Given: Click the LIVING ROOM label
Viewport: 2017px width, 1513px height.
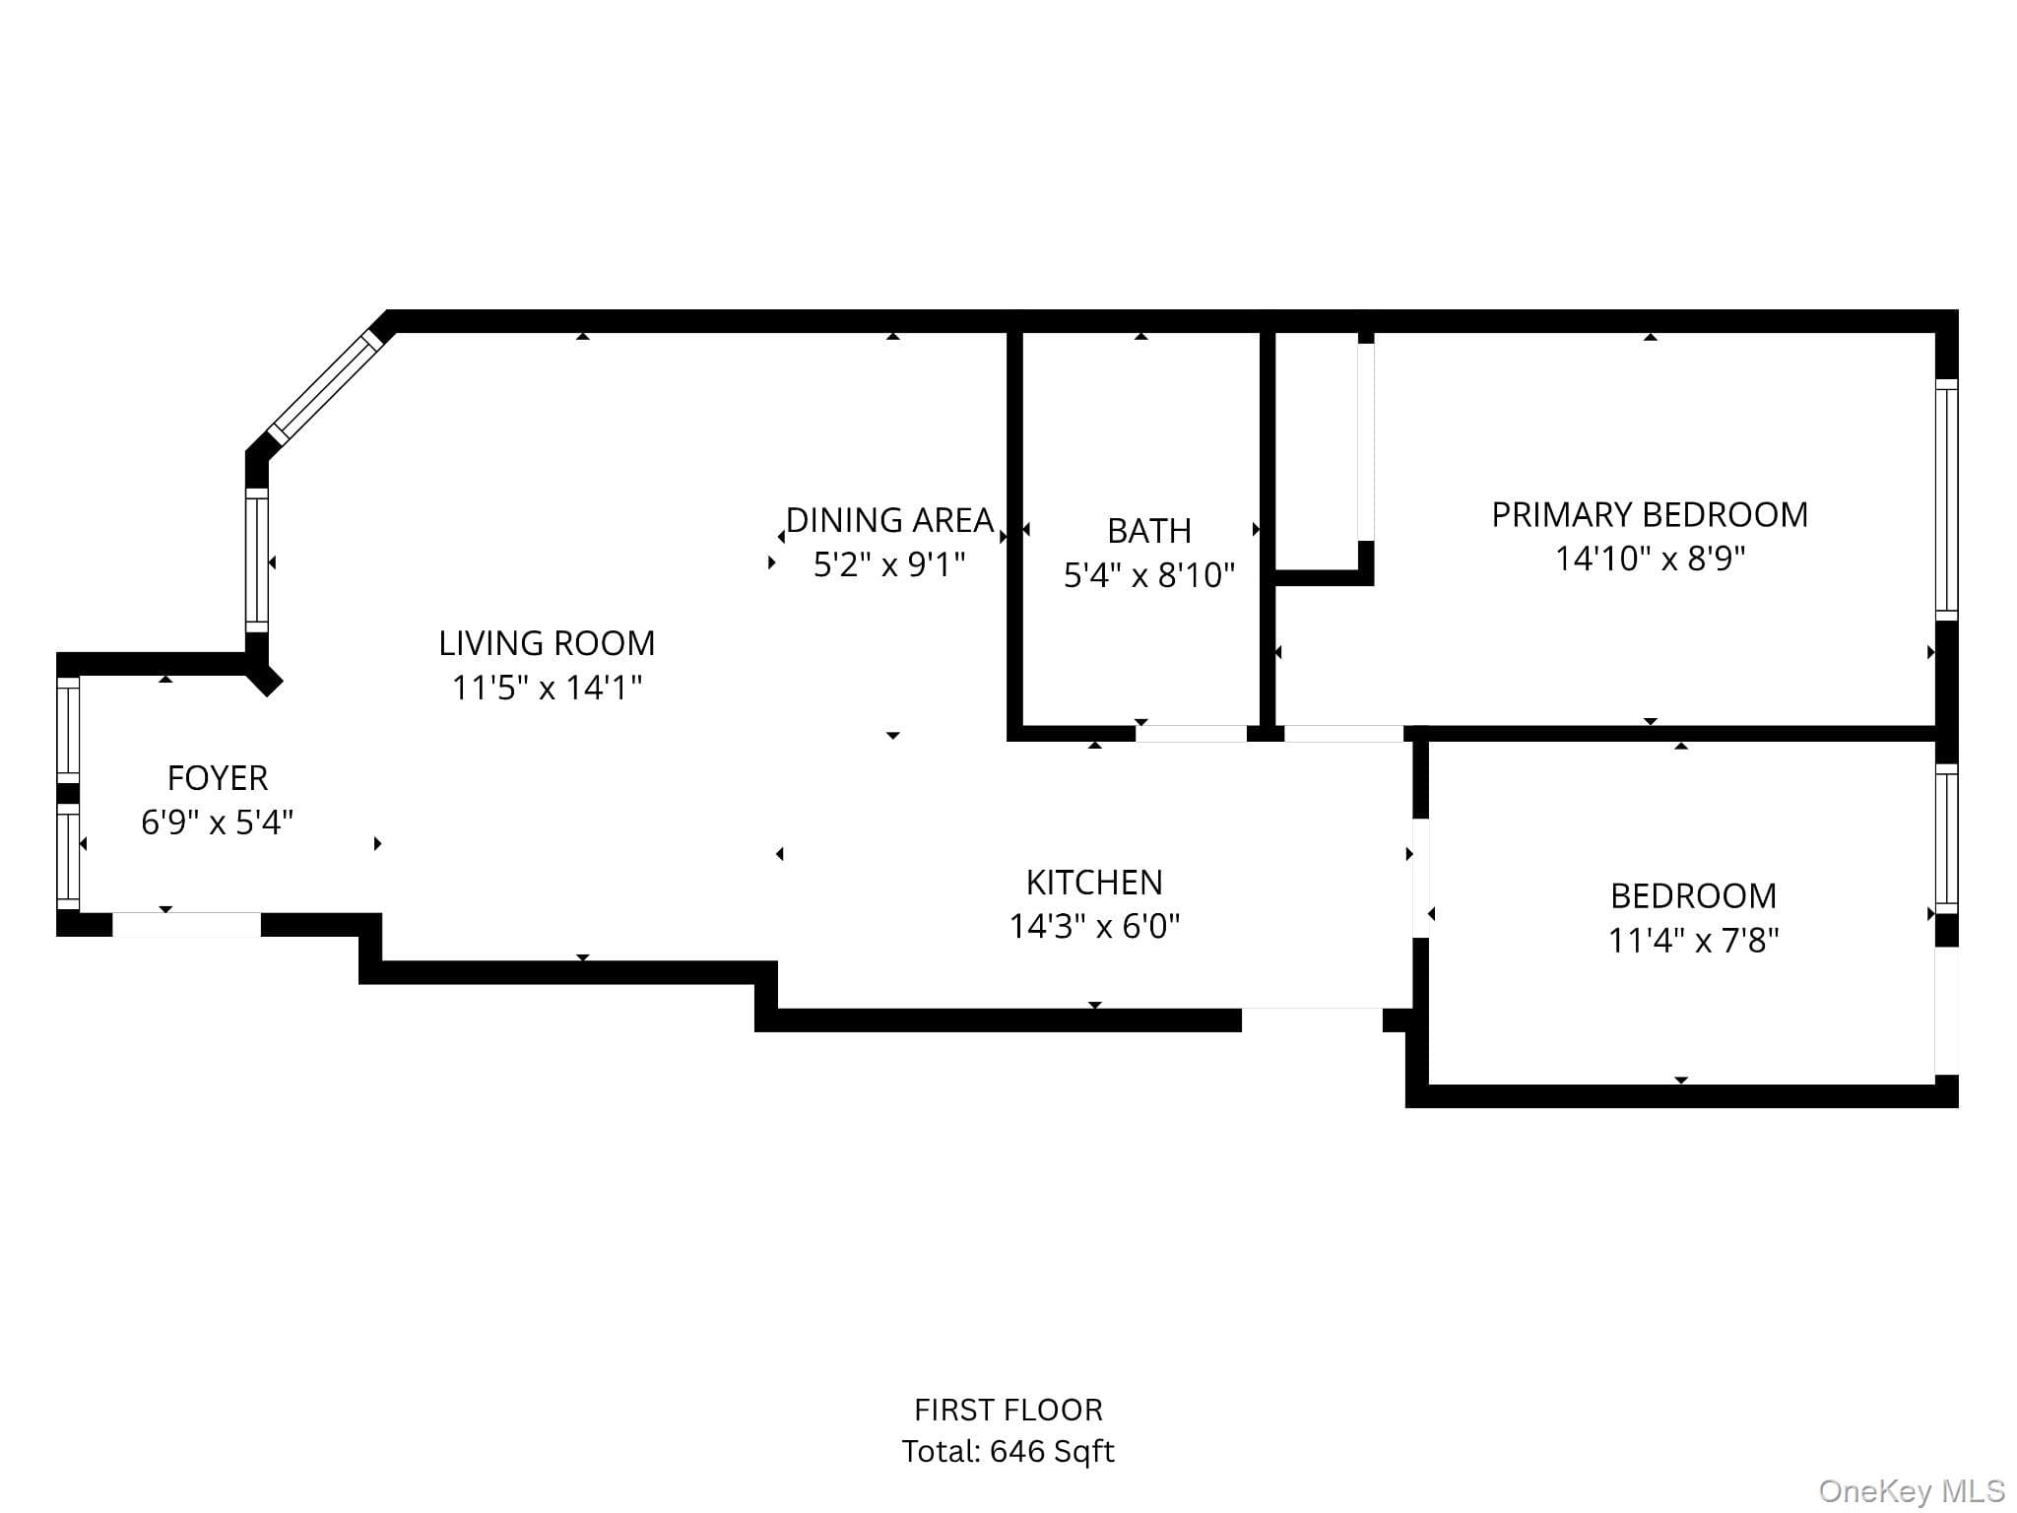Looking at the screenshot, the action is pos(547,643).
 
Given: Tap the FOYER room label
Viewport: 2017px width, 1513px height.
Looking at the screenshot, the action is pos(218,778).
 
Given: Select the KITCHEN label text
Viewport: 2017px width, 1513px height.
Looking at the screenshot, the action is pos(1094,882).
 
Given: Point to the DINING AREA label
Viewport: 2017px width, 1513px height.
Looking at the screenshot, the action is pos(890,520).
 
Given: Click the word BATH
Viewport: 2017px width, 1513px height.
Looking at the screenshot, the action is pos(1149,531).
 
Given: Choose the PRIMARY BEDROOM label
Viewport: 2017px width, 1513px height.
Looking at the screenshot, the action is pos(1650,514).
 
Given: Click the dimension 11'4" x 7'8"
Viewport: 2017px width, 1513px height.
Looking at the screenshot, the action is pos(1693,941).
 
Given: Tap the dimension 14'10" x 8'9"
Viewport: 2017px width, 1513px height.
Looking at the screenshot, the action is pos(1650,559).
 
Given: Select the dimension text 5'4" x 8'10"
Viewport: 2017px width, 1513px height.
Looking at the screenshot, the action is pos(1149,574).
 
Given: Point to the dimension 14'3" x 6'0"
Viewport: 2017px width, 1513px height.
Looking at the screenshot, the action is pos(1094,926).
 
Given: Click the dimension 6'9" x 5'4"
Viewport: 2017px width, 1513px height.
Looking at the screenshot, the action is pos(218,822).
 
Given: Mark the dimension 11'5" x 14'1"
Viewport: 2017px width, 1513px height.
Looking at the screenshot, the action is pos(547,687).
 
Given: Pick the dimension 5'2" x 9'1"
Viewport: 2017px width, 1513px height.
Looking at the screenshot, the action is pos(889,564).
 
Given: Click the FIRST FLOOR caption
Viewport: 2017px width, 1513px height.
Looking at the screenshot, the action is pos(1008,1410).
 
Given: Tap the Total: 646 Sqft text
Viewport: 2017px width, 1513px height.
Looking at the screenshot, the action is pos(1008,1451).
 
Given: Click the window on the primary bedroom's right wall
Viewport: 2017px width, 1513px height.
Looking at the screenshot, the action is pos(1946,499).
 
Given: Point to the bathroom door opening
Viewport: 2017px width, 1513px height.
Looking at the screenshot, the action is pos(1191,733).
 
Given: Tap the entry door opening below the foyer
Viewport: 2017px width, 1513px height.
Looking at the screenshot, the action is pos(186,925).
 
